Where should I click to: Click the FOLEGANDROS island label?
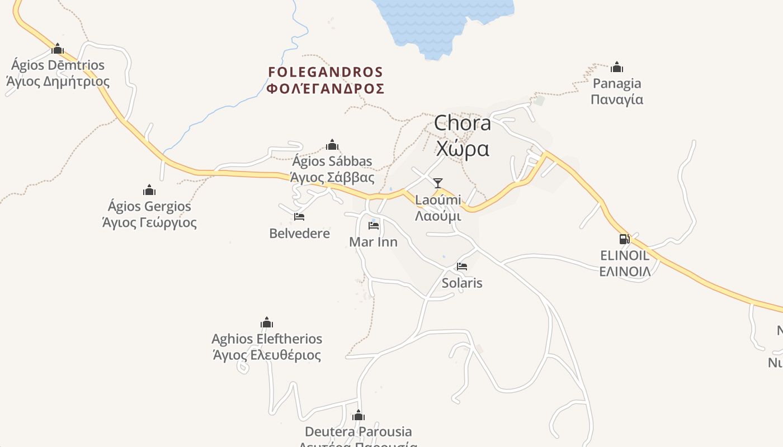tap(326, 72)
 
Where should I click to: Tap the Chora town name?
tap(463, 123)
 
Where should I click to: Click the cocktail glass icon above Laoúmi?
tap(438, 183)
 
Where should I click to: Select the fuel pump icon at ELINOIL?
tap(624, 239)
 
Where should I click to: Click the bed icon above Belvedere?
tap(299, 217)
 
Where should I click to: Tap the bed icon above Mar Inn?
tap(374, 226)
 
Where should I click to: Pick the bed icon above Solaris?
tap(462, 267)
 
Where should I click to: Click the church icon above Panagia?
tap(617, 68)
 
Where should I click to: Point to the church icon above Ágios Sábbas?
tap(332, 145)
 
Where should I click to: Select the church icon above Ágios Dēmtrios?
tap(58, 49)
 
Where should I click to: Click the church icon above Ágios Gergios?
tap(149, 190)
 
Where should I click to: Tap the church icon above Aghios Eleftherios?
tap(267, 322)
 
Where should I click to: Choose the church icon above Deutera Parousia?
tap(359, 416)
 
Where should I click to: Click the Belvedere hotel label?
tap(300, 233)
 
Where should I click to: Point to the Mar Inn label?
tap(373, 242)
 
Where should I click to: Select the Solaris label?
tap(462, 283)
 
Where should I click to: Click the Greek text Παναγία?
tap(617, 99)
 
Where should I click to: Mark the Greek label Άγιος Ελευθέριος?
tap(267, 355)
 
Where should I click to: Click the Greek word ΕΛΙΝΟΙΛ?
tap(625, 272)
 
